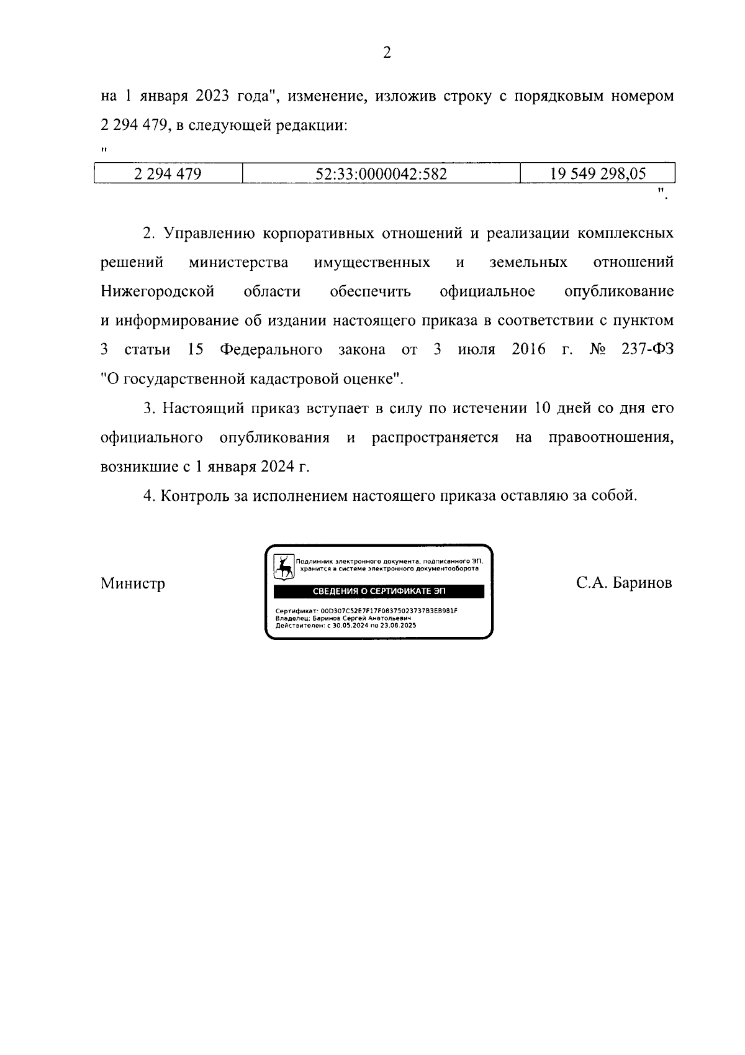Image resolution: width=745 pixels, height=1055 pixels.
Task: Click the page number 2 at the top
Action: tap(386, 53)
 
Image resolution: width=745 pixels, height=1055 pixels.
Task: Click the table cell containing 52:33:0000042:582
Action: tap(381, 174)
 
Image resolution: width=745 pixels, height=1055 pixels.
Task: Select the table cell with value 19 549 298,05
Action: tap(597, 174)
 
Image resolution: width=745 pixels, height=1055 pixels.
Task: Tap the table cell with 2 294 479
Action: tap(168, 174)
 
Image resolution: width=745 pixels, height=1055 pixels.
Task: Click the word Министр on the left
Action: tap(133, 584)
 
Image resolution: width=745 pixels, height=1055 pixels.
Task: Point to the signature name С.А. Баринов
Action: tap(623, 583)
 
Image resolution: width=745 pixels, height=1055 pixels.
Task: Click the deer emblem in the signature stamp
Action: tap(284, 567)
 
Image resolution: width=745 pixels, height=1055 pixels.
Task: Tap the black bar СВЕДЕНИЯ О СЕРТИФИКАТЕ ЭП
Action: tap(379, 591)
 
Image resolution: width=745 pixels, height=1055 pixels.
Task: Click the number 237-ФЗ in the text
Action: tap(647, 350)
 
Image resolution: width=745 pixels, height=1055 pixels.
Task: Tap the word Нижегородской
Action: tap(158, 291)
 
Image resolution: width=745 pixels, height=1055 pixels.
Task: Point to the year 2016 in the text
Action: tap(528, 350)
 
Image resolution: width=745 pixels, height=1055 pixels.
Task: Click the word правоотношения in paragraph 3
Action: tap(611, 437)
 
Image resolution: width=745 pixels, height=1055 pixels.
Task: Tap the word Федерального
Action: tap(271, 350)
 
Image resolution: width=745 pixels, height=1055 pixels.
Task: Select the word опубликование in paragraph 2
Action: tap(618, 291)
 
